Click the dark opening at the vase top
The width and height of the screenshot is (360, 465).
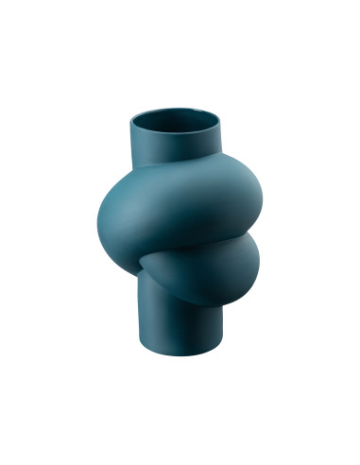point(173,122)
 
